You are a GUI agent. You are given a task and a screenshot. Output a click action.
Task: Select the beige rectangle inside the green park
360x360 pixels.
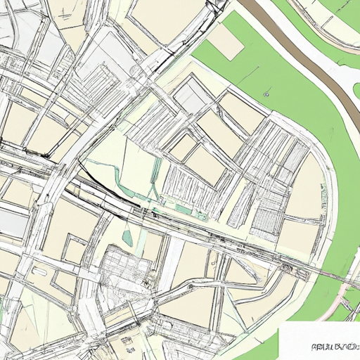pyautogui.click(x=225, y=42)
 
